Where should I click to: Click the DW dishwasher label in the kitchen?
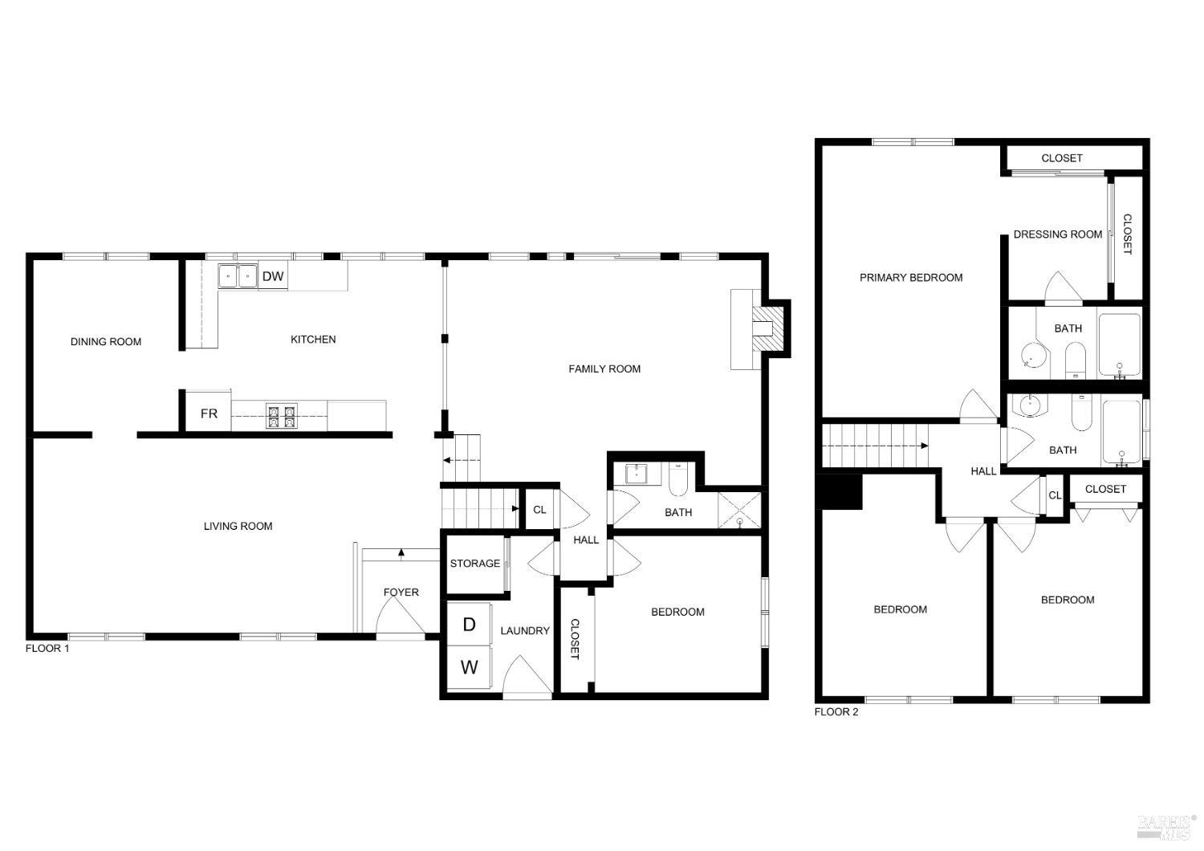pyautogui.click(x=273, y=276)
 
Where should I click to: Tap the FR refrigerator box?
pyautogui.click(x=209, y=413)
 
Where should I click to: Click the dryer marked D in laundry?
pyautogui.click(x=469, y=625)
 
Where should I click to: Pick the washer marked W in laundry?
pyautogui.click(x=469, y=666)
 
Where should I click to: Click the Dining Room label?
pyautogui.click(x=106, y=341)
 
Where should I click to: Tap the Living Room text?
pyautogui.click(x=238, y=526)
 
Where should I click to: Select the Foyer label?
pyautogui.click(x=401, y=592)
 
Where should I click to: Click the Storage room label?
pyautogui.click(x=474, y=563)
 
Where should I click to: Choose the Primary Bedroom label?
pyautogui.click(x=911, y=277)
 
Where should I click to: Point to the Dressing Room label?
pyautogui.click(x=1057, y=234)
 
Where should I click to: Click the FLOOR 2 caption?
pyautogui.click(x=836, y=711)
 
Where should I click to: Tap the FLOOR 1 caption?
pyautogui.click(x=47, y=648)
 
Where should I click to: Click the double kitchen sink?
pyautogui.click(x=238, y=276)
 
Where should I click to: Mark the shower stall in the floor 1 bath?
pyautogui.click(x=738, y=510)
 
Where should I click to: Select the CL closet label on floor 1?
pyautogui.click(x=539, y=509)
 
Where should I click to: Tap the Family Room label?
pyautogui.click(x=604, y=368)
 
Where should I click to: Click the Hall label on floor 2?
pyautogui.click(x=983, y=471)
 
